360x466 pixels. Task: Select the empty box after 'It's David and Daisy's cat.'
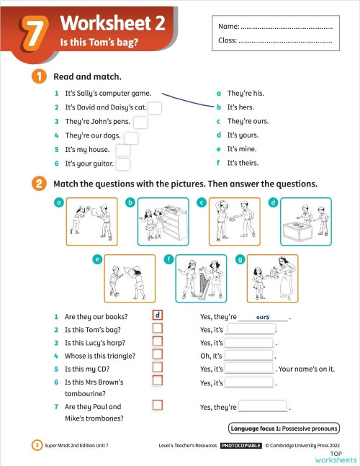click(x=155, y=108)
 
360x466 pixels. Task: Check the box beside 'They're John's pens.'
click(x=140, y=122)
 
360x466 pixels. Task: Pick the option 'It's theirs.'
click(x=246, y=163)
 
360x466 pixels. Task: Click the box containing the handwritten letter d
click(x=158, y=315)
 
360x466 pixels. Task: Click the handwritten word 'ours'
click(x=262, y=317)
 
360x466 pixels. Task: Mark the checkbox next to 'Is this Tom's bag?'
click(x=158, y=328)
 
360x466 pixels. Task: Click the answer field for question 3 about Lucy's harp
click(x=251, y=343)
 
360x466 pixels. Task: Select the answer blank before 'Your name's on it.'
click(x=251, y=369)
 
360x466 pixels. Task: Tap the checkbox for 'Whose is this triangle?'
click(x=158, y=355)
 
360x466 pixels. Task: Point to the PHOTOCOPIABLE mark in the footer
click(x=241, y=446)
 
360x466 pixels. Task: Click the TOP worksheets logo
click(x=336, y=457)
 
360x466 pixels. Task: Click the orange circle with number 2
click(x=38, y=184)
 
